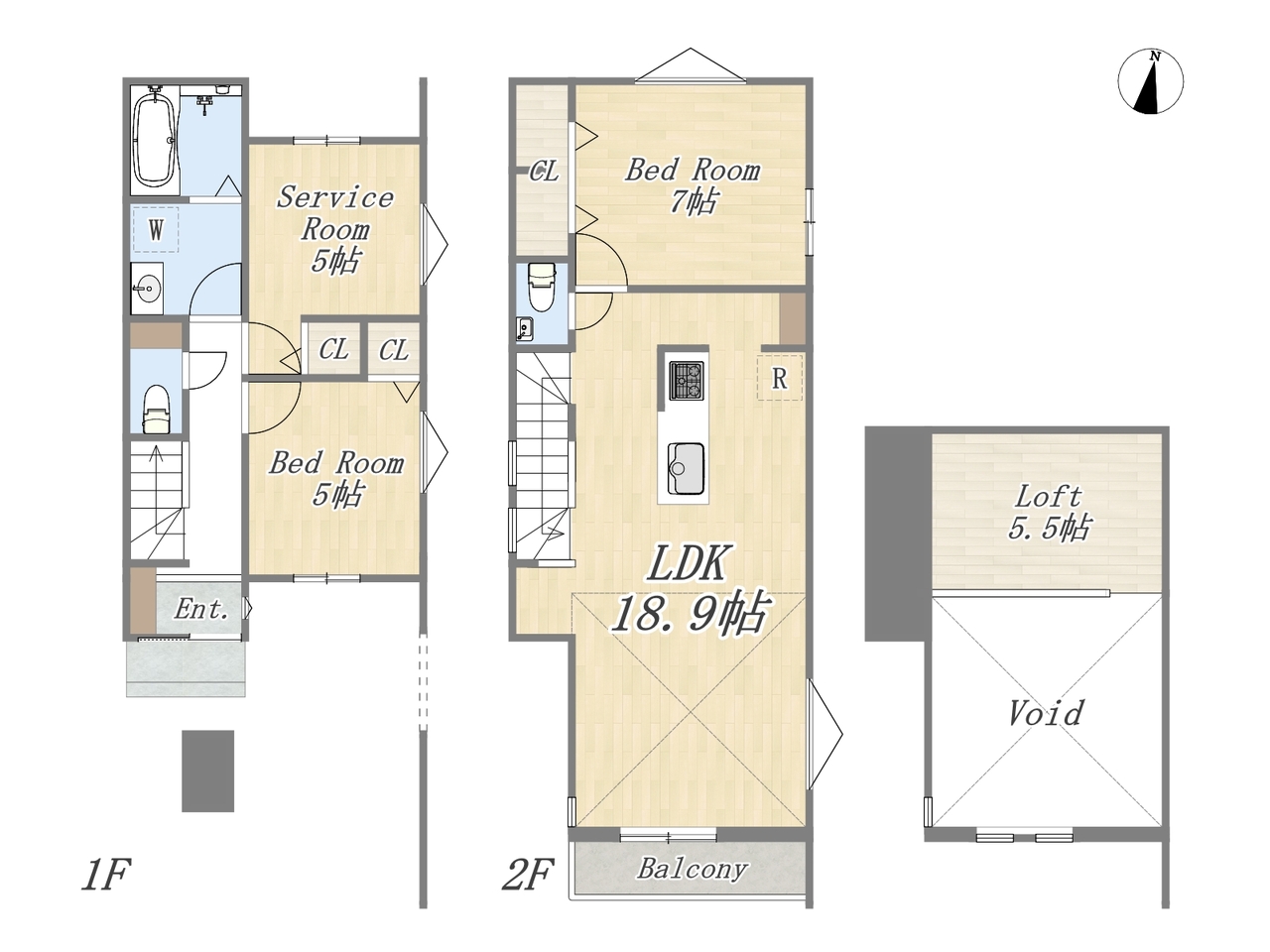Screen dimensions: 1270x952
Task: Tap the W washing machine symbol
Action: pos(156,229)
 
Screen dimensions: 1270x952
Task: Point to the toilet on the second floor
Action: pos(542,287)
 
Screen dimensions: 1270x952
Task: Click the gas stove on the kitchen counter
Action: pos(687,381)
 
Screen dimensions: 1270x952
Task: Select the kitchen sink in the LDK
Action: pos(687,468)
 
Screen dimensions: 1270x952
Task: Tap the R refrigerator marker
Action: pos(779,378)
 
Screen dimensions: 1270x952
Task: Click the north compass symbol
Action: pos(1150,82)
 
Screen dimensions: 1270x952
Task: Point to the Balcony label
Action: pos(692,870)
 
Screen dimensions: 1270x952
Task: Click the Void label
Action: pos(1046,713)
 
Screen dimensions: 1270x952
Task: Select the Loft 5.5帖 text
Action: pos(1049,513)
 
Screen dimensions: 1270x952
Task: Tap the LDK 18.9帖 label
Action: pos(690,590)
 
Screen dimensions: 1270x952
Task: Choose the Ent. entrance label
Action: pos(200,609)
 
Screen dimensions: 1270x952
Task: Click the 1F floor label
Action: pos(105,875)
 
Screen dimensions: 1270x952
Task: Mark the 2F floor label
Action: pos(527,875)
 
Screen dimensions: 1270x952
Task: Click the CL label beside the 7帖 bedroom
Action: pos(544,172)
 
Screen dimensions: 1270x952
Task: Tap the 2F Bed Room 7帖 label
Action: pos(693,185)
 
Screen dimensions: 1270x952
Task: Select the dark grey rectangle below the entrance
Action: pos(208,772)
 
